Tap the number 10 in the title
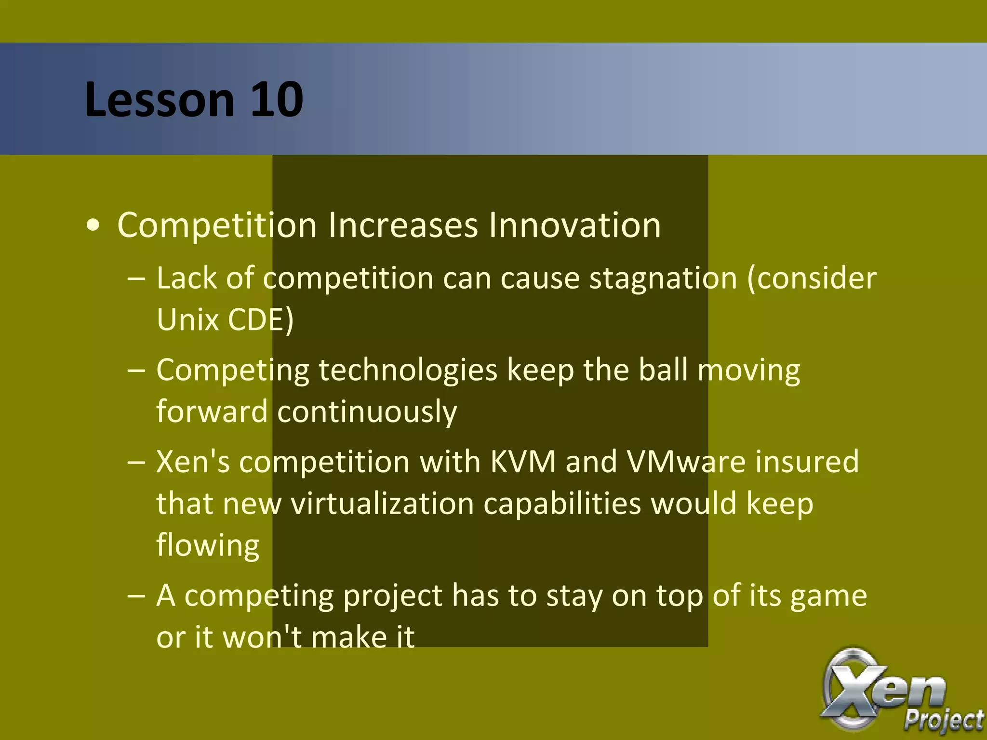pyautogui.click(x=277, y=100)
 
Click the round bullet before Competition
pyautogui.click(x=93, y=225)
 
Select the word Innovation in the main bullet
pyautogui.click(x=574, y=225)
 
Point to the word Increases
pyautogui.click(x=403, y=225)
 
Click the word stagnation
pyautogui.click(x=663, y=278)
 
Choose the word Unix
pyautogui.click(x=188, y=319)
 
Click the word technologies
pyautogui.click(x=408, y=370)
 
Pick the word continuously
pyautogui.click(x=367, y=412)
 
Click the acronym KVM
pyautogui.click(x=523, y=462)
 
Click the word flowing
pyautogui.click(x=208, y=546)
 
